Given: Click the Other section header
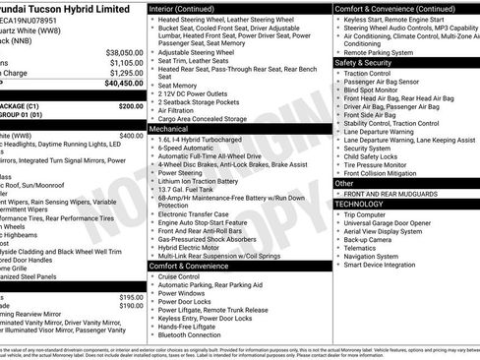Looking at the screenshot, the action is [345, 183].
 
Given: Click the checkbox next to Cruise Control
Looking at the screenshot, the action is [151, 277].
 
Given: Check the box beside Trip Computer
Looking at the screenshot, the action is [337, 214].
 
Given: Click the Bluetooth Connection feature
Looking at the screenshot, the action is [190, 334].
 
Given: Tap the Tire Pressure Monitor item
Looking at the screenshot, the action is [378, 164].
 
